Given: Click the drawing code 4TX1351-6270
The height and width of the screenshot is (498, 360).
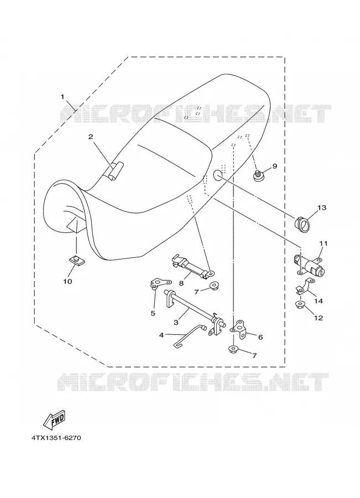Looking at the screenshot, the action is point(56,438).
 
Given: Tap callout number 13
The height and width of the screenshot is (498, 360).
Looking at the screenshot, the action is point(321,207).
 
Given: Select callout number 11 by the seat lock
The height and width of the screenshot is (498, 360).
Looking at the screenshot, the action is point(324,243).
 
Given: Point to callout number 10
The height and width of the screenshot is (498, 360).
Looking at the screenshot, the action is point(67,282).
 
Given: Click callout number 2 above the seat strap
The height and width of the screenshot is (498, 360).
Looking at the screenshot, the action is point(91,137).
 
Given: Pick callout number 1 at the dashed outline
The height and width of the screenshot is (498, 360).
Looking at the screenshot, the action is point(62,96).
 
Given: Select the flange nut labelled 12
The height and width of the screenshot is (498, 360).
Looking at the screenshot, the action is point(299,305).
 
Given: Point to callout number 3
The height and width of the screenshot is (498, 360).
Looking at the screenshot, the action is point(176,323).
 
